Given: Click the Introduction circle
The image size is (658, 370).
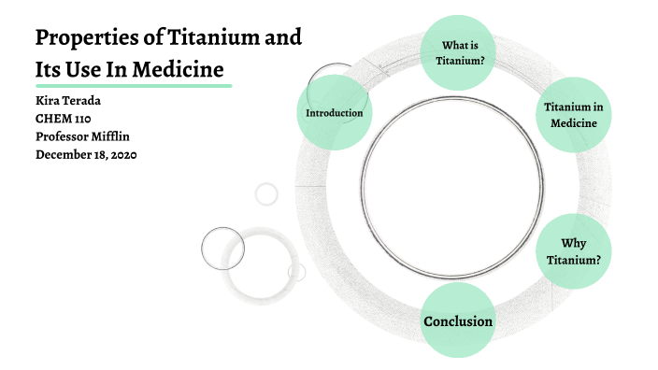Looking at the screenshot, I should [335, 113].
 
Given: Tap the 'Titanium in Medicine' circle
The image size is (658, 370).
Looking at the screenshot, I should [573, 115].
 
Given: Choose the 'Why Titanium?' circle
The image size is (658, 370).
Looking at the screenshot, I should [573, 251].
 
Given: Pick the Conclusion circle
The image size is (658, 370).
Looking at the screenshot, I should [458, 321].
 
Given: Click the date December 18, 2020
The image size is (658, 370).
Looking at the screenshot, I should [86, 154].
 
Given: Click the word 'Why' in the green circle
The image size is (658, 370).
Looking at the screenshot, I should [573, 243].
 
